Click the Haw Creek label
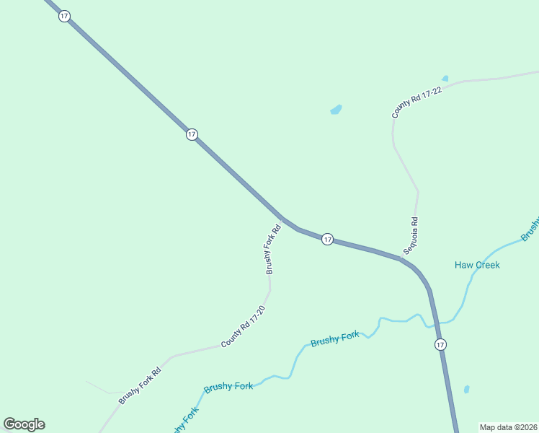tap(477, 265)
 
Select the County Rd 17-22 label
tap(416, 99)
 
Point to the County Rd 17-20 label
tap(244, 327)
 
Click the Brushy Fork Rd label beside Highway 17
tap(272, 250)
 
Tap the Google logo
tap(24, 424)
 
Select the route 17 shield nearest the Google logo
tap(191, 134)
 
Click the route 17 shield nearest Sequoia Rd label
tap(327, 239)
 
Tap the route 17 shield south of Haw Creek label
tap(440, 345)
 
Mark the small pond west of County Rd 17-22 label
tap(336, 110)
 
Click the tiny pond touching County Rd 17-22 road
tap(445, 78)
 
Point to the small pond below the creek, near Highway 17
tap(466, 390)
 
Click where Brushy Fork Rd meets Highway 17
tap(282, 217)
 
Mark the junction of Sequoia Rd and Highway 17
tap(402, 258)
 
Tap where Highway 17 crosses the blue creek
tap(435, 322)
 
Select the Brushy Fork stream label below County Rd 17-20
tap(228, 387)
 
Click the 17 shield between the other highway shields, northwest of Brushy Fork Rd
tap(191, 134)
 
